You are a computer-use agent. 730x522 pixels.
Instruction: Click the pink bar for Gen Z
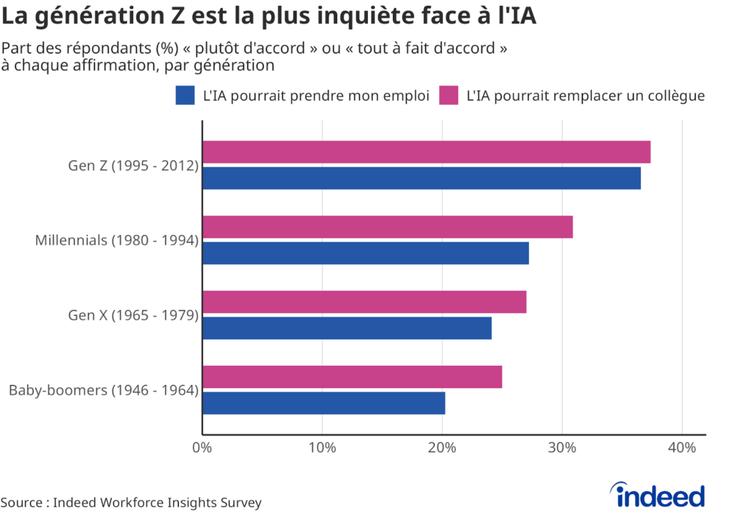point(426,153)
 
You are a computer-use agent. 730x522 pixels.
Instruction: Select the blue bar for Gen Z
point(422,178)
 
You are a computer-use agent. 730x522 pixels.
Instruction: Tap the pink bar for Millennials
point(388,227)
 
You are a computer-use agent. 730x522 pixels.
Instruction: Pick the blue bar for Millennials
point(366,253)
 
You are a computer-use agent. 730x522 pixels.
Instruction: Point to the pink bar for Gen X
point(364,302)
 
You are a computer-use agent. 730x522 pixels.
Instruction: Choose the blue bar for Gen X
point(347,328)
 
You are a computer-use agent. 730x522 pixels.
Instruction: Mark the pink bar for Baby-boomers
point(352,377)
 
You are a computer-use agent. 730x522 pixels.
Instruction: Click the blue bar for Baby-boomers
point(324,403)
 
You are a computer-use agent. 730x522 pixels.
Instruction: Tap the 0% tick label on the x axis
point(202,448)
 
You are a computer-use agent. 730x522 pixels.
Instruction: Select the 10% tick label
point(322,448)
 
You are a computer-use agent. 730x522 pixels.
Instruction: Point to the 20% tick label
point(442,448)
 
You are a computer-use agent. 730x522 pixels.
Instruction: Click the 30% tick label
point(562,448)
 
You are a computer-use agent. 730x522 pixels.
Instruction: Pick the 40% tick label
point(682,448)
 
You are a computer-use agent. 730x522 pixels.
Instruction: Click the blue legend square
point(185,96)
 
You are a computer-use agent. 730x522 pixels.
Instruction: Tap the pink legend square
point(449,96)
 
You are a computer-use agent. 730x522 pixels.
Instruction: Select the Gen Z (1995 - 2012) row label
point(133,165)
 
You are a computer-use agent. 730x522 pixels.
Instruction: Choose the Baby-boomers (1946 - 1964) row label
point(104,390)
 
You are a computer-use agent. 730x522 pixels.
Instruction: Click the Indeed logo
point(657,494)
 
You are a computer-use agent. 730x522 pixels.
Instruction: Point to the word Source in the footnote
point(21,503)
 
